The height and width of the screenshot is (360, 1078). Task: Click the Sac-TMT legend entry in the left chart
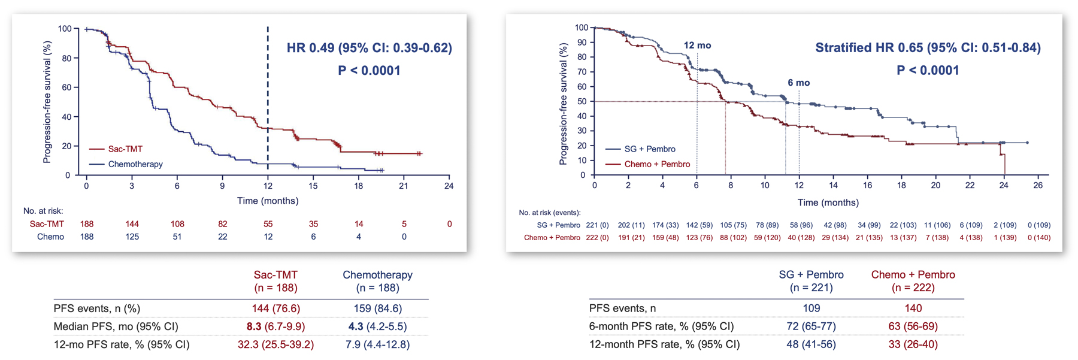point(125,149)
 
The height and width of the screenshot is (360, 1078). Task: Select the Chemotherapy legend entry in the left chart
point(135,164)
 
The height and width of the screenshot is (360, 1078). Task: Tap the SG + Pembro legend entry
point(649,149)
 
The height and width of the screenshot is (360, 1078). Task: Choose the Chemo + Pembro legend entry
point(656,164)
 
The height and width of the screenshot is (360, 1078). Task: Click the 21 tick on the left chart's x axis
point(404,186)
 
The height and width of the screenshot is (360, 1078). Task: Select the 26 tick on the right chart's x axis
point(1038,186)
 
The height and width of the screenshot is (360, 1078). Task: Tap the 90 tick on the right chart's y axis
point(580,43)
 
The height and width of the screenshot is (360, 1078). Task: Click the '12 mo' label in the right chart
point(697,46)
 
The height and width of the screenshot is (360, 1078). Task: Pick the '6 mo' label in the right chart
point(798,83)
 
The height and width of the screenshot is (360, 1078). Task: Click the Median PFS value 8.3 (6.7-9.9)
point(275,326)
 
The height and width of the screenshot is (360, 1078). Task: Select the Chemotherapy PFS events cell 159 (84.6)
point(377,308)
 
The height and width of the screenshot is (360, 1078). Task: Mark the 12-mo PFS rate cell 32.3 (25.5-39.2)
point(275,344)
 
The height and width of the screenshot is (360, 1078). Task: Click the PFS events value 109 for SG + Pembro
point(811,308)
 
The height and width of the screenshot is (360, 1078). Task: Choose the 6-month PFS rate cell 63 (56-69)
point(913,326)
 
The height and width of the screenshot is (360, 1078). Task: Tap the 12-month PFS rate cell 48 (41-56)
point(811,344)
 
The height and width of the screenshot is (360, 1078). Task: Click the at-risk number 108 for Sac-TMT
point(177,224)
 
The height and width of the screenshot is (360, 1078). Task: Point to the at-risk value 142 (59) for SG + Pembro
point(699,225)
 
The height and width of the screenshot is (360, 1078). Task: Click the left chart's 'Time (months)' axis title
point(268,201)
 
